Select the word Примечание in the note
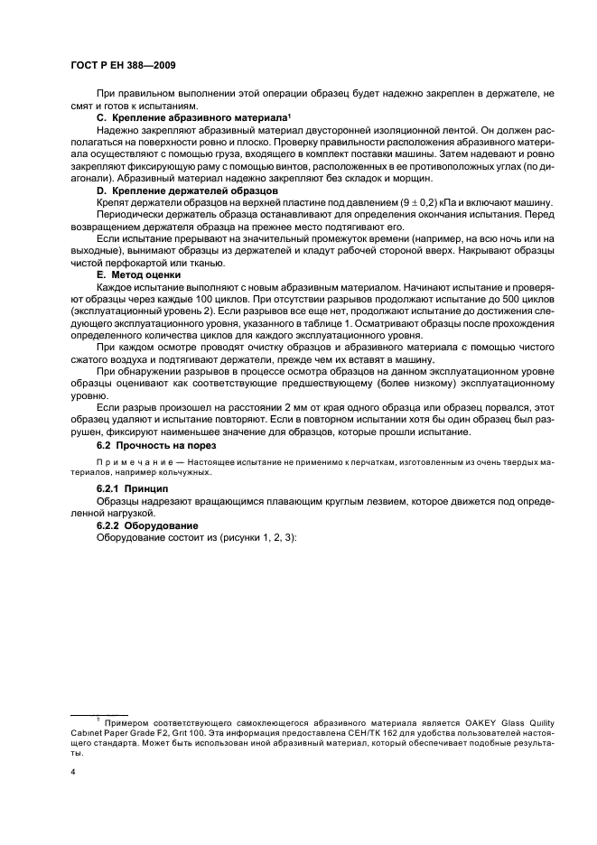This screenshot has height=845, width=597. point(128,462)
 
